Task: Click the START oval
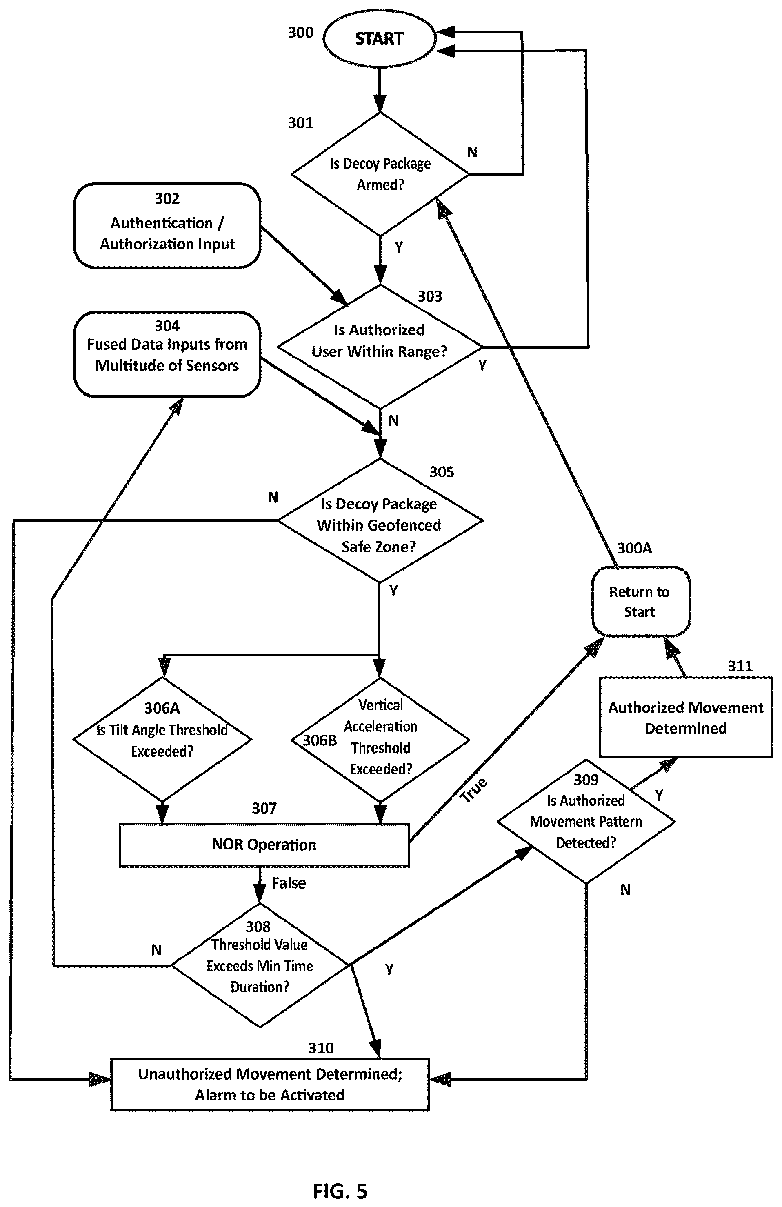click(379, 38)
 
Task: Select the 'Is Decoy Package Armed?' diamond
click(380, 174)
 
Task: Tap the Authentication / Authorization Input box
click(167, 226)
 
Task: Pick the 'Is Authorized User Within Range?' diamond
click(380, 347)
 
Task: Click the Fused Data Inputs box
click(167, 354)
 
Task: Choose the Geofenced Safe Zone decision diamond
click(380, 520)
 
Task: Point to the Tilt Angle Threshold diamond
click(162, 739)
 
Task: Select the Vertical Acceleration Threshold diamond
click(380, 739)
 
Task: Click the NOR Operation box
click(264, 845)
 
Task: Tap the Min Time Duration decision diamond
click(260, 965)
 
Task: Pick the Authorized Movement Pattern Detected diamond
click(586, 822)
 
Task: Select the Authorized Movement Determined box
click(686, 718)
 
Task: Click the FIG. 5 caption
click(340, 1190)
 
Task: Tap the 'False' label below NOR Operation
click(289, 883)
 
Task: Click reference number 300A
click(634, 548)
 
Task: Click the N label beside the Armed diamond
click(472, 152)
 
